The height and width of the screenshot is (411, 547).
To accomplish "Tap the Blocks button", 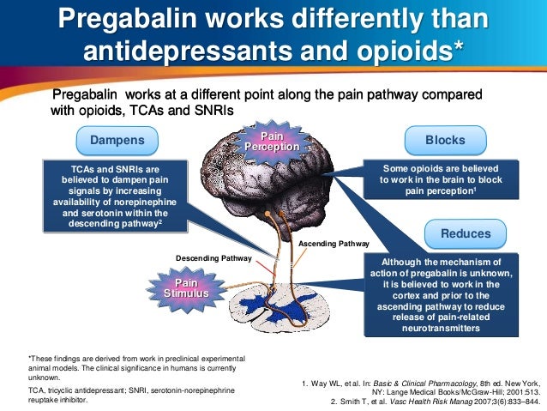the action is [x=445, y=140].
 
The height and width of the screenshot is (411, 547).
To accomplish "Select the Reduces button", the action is [x=466, y=233].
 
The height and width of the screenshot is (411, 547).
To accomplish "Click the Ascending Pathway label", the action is [x=334, y=244].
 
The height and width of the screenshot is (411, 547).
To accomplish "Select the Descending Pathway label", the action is [x=214, y=257].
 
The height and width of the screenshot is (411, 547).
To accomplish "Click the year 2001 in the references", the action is [x=505, y=390].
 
